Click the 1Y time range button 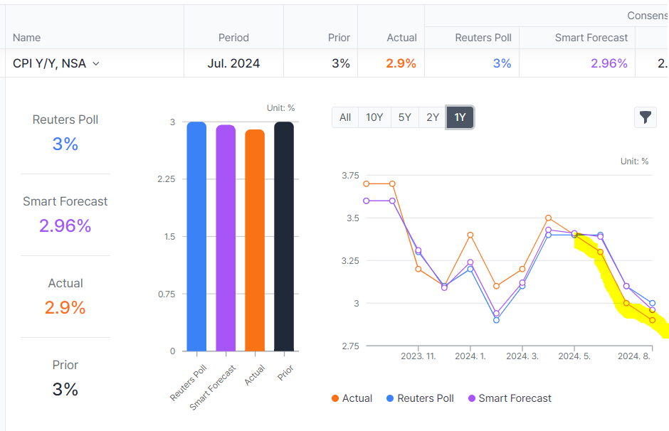pyautogui.click(x=460, y=117)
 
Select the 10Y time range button pyautogui.click(x=374, y=117)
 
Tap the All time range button pyautogui.click(x=345, y=117)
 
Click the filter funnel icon pyautogui.click(x=645, y=117)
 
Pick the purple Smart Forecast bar pyautogui.click(x=226, y=238)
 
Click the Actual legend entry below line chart pyautogui.click(x=352, y=398)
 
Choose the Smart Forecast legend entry pyautogui.click(x=509, y=398)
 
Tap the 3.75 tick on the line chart pyautogui.click(x=351, y=175)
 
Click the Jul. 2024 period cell pyautogui.click(x=233, y=63)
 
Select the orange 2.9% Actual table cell pyautogui.click(x=401, y=63)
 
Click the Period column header pyautogui.click(x=233, y=38)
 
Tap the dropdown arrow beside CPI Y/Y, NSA pyautogui.click(x=96, y=63)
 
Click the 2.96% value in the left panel pyautogui.click(x=65, y=225)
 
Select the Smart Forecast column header pyautogui.click(x=591, y=38)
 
